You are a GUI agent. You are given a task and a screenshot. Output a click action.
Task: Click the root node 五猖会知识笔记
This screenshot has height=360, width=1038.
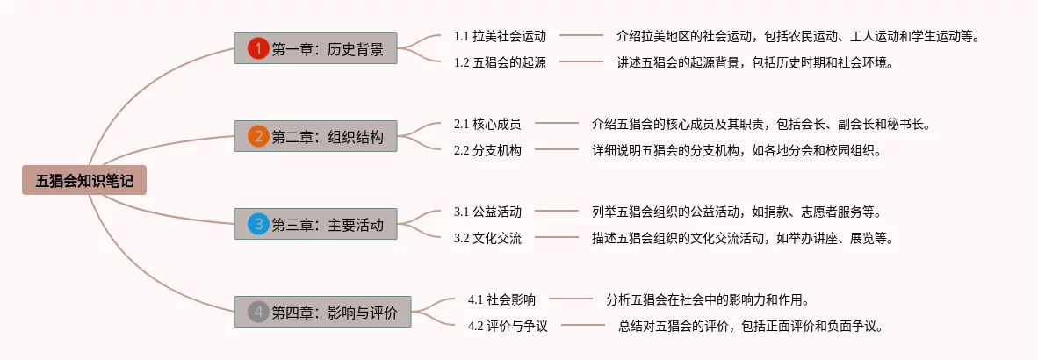click(84, 181)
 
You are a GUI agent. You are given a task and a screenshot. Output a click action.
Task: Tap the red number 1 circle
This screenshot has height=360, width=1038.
click(257, 48)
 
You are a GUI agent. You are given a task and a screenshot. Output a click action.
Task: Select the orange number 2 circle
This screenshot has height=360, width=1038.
click(257, 136)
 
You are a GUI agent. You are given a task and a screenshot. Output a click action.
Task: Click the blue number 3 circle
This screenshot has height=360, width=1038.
click(257, 224)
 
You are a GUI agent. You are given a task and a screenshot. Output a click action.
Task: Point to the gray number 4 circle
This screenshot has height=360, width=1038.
click(257, 312)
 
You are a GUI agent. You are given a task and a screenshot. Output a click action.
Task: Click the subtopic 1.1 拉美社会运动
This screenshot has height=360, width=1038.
click(500, 36)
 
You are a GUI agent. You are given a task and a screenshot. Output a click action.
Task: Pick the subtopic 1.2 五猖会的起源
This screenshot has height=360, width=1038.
click(500, 62)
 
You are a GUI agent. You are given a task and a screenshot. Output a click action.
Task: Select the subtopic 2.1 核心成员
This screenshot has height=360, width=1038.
click(487, 124)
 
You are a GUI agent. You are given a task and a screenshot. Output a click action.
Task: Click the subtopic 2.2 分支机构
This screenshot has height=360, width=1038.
click(487, 150)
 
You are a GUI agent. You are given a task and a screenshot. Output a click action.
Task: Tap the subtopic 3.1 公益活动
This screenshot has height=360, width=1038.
click(487, 212)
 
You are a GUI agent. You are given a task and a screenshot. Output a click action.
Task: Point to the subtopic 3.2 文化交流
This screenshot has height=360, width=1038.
click(487, 238)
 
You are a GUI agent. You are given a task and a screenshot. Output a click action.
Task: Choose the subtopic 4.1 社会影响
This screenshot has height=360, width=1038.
click(501, 299)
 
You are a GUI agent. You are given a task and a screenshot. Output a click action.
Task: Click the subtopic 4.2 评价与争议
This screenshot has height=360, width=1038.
click(508, 326)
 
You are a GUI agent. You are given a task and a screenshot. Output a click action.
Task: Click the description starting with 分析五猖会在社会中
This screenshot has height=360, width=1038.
click(707, 299)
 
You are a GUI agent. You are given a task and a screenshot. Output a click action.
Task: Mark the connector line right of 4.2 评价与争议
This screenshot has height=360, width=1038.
click(583, 326)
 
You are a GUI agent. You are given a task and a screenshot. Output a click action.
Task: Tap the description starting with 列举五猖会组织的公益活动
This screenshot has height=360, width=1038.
click(736, 212)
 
